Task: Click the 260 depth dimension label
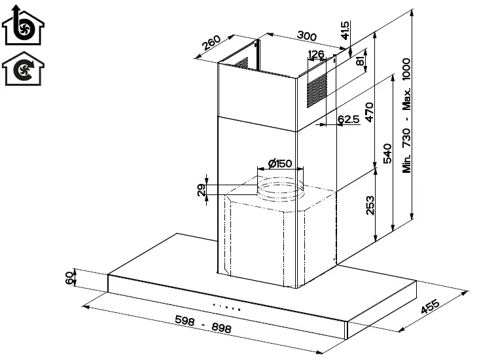pyautogui.click(x=211, y=43)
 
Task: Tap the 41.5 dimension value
pyautogui.click(x=346, y=29)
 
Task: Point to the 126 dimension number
pyautogui.click(x=316, y=54)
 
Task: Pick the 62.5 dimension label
pyautogui.click(x=349, y=119)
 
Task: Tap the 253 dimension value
pyautogui.click(x=370, y=206)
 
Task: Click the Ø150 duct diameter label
pyautogui.click(x=280, y=164)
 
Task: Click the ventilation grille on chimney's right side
pyautogui.click(x=316, y=90)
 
